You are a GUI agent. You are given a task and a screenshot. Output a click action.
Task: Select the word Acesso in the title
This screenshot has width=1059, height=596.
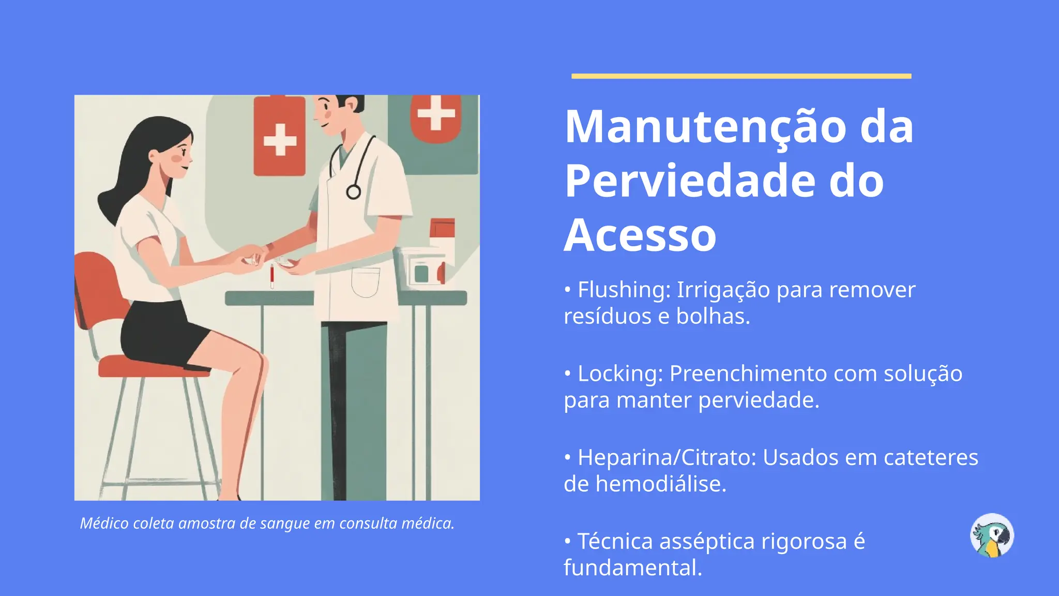tap(640, 235)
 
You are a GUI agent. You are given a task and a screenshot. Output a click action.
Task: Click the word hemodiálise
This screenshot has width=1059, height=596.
tap(661, 484)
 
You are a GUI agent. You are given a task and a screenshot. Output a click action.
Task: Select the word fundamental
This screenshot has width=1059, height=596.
tap(632, 568)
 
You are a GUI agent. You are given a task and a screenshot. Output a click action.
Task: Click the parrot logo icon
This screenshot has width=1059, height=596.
tap(992, 535)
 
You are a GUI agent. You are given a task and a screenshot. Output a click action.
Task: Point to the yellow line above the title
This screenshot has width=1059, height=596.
tap(741, 76)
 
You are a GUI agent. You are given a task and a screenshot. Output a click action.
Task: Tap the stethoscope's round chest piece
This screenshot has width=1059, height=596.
tap(353, 192)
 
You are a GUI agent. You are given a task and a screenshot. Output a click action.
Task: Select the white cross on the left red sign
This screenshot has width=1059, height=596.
tap(280, 140)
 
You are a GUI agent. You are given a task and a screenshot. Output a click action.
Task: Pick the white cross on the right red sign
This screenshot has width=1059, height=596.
tap(436, 112)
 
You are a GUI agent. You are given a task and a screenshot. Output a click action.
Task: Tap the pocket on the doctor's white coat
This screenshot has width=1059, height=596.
tap(366, 282)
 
